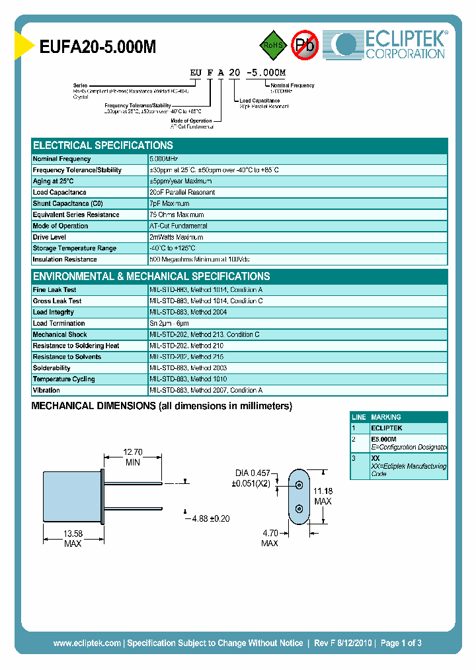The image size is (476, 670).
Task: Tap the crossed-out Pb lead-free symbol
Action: coord(305,45)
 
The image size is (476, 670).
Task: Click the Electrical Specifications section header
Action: coord(103,145)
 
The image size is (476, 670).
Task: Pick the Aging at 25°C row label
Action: coord(54,181)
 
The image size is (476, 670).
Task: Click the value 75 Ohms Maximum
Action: coord(177,215)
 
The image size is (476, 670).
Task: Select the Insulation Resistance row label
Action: coord(65,260)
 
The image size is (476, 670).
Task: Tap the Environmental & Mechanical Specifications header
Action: coord(151,276)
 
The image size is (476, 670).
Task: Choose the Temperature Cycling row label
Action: coord(63,379)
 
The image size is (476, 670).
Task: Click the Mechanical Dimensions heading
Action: coord(162,406)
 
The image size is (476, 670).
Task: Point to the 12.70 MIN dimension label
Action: coord(133,457)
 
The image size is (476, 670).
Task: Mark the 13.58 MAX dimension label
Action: coord(73,538)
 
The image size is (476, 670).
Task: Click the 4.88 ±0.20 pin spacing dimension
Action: coord(210,518)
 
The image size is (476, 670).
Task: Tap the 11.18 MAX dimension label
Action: coord(323,496)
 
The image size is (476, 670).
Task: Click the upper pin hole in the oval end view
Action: coord(299,485)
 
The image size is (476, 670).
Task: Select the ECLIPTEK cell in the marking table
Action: coord(386,428)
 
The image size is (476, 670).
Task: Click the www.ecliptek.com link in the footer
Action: coord(87,643)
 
